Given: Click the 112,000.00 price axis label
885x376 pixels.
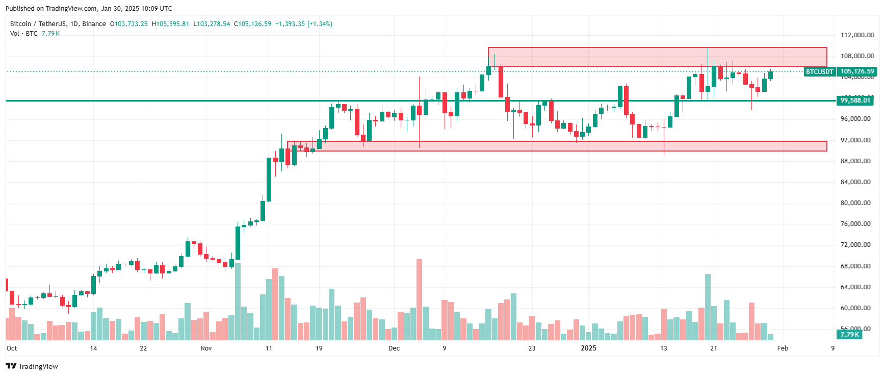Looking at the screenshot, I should tap(857, 35).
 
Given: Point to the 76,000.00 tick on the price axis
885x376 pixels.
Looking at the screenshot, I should tap(857, 224).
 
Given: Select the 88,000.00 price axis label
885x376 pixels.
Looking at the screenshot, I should tap(857, 161).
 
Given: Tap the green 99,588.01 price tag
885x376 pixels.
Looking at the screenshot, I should tap(855, 101).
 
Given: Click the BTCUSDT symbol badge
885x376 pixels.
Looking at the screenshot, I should tap(819, 72).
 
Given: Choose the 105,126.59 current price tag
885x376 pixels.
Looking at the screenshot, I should tap(857, 72).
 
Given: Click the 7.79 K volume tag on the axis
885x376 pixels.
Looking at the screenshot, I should tap(849, 335).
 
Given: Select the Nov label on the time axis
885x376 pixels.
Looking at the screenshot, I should tap(206, 348).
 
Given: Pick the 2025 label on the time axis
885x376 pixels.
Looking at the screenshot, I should tap(588, 348).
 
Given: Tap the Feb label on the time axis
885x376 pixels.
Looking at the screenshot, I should tap(783, 348).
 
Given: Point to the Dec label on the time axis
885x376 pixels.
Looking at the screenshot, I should tap(394, 348).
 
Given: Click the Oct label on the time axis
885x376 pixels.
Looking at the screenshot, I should tap(12, 348).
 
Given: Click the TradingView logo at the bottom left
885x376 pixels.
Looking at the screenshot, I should tap(32, 366).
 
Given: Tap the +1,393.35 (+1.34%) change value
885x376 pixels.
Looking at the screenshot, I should tap(303, 24).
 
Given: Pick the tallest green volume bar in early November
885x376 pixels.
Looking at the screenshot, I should tap(238, 302).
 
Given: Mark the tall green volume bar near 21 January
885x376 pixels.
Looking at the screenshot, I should tap(708, 307).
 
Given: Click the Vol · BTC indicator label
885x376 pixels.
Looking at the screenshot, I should tap(24, 34).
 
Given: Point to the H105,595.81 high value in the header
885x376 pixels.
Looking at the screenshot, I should tap(170, 24).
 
